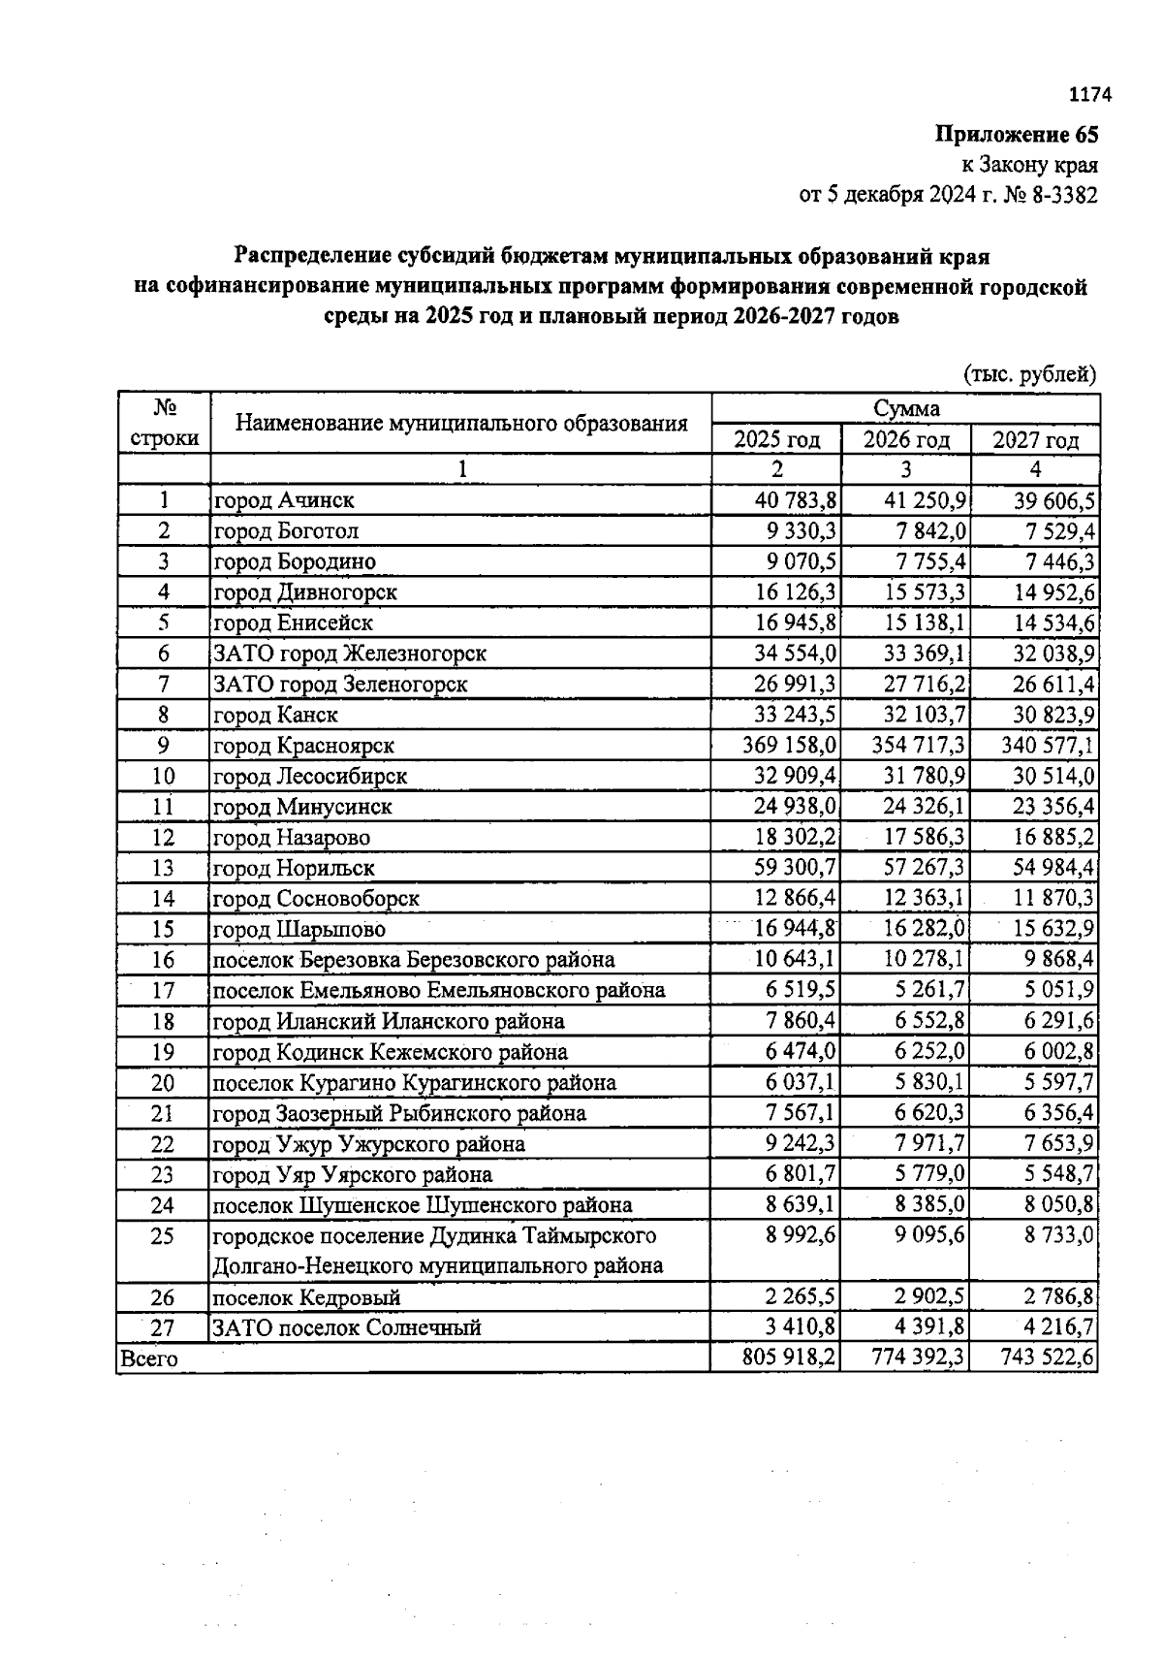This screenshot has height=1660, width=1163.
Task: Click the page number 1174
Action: point(1088,95)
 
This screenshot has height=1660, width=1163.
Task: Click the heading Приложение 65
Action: point(1017,135)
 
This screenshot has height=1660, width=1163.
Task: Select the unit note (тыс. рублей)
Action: point(1029,374)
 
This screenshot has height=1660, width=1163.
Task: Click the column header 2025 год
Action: point(776,440)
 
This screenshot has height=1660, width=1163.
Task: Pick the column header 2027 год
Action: point(1035,440)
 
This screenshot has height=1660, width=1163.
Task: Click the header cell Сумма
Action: point(906,408)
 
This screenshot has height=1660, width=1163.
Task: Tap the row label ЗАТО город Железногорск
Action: point(349,654)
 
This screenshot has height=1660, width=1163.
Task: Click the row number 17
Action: point(163,991)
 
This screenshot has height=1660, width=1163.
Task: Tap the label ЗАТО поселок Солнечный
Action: point(346,1328)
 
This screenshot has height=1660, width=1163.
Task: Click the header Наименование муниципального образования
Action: point(461,424)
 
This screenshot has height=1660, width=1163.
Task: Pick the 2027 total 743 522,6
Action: point(1047,1358)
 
